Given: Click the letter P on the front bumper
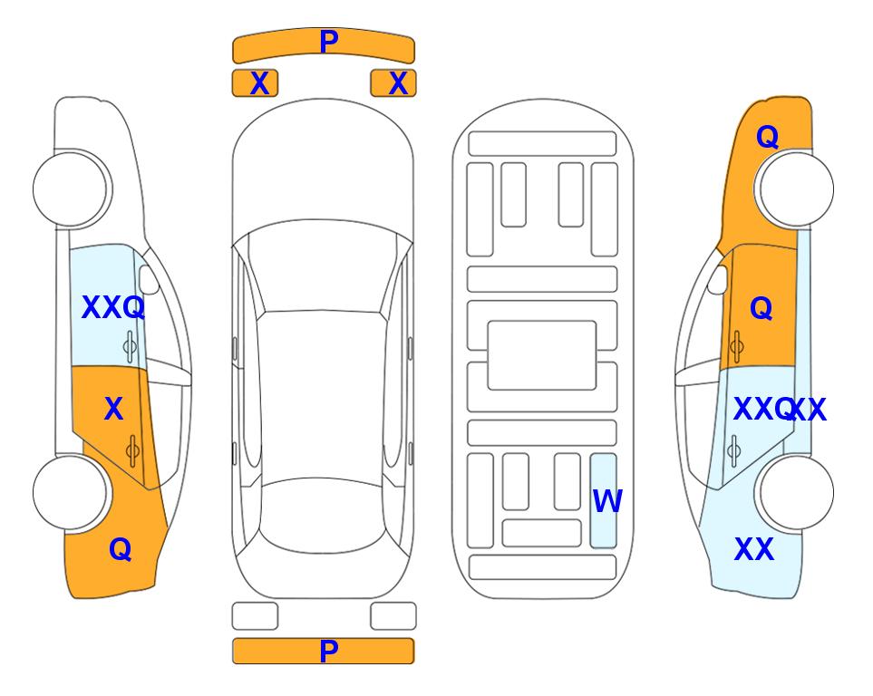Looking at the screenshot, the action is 329,41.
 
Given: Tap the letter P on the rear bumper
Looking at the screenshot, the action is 329,651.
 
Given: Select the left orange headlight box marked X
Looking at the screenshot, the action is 255,83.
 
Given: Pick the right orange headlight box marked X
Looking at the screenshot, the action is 393,83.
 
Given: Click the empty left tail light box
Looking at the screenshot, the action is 255,616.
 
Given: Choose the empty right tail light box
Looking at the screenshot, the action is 393,616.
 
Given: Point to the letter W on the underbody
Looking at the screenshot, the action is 606,500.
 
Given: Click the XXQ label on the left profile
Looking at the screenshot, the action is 113,307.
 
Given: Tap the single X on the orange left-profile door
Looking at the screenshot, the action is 113,410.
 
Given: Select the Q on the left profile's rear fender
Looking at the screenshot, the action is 121,549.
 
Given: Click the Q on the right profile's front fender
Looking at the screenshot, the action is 767,137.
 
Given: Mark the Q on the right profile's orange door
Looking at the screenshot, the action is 761,308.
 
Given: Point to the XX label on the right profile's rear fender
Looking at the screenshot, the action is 754,549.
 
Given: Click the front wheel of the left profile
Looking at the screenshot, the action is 70,189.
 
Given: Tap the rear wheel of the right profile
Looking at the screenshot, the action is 797,492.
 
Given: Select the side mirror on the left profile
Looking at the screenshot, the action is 149,279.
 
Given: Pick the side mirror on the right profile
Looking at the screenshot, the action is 718,279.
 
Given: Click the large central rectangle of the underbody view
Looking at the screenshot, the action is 542,355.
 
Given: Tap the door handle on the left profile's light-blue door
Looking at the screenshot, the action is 130,347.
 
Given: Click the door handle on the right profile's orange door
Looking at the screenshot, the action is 737,347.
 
